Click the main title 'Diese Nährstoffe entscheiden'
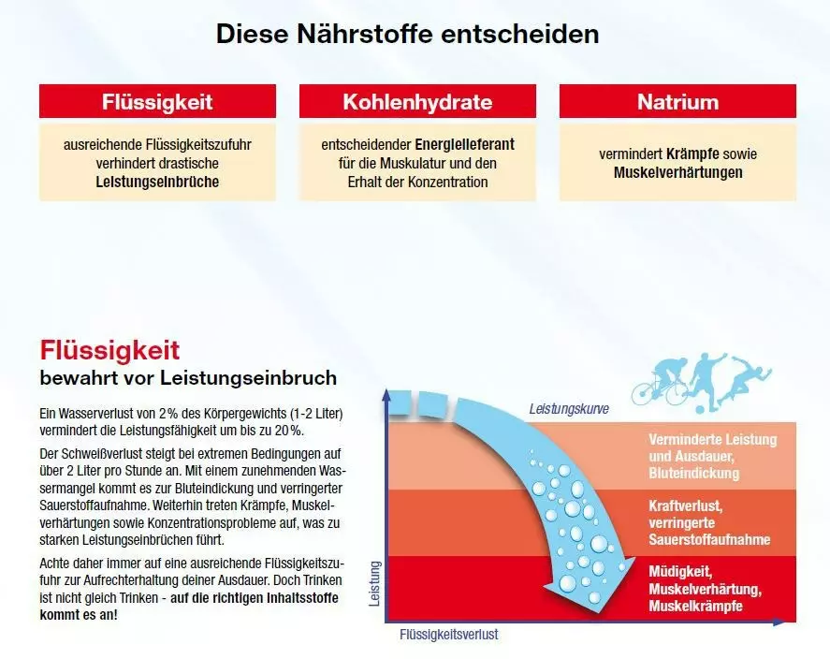coord(408,35)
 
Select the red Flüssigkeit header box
coord(157,101)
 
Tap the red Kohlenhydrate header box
coord(417,101)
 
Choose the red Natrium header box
coord(677,101)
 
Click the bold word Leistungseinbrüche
coord(157,183)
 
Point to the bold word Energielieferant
coord(465,144)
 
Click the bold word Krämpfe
coord(692,154)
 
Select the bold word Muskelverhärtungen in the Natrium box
coord(677,172)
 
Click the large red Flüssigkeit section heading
coord(109,350)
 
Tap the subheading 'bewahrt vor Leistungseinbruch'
coord(188,378)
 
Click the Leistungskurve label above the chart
coord(569,409)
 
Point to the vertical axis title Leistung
coord(374,584)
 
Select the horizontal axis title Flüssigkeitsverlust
coord(449,634)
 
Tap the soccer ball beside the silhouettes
coord(700,410)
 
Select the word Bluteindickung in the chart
coord(694,474)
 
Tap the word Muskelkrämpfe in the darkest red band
coord(695,606)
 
